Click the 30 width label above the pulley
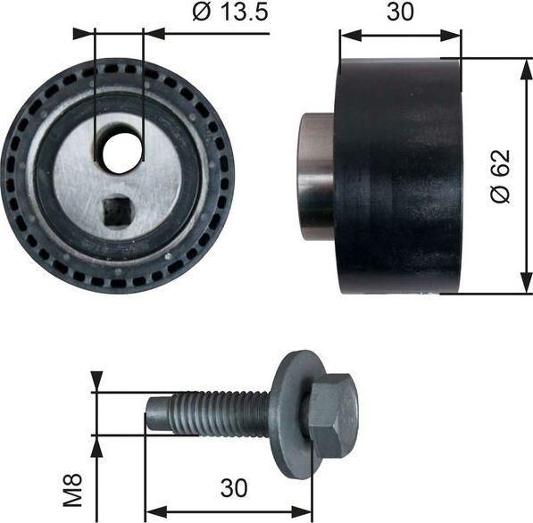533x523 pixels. [x=400, y=13]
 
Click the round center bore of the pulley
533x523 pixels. [x=119, y=153]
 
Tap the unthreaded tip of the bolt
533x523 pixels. [x=157, y=415]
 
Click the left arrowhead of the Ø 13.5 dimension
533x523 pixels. [x=85, y=34]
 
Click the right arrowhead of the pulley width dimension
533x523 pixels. [x=453, y=37]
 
